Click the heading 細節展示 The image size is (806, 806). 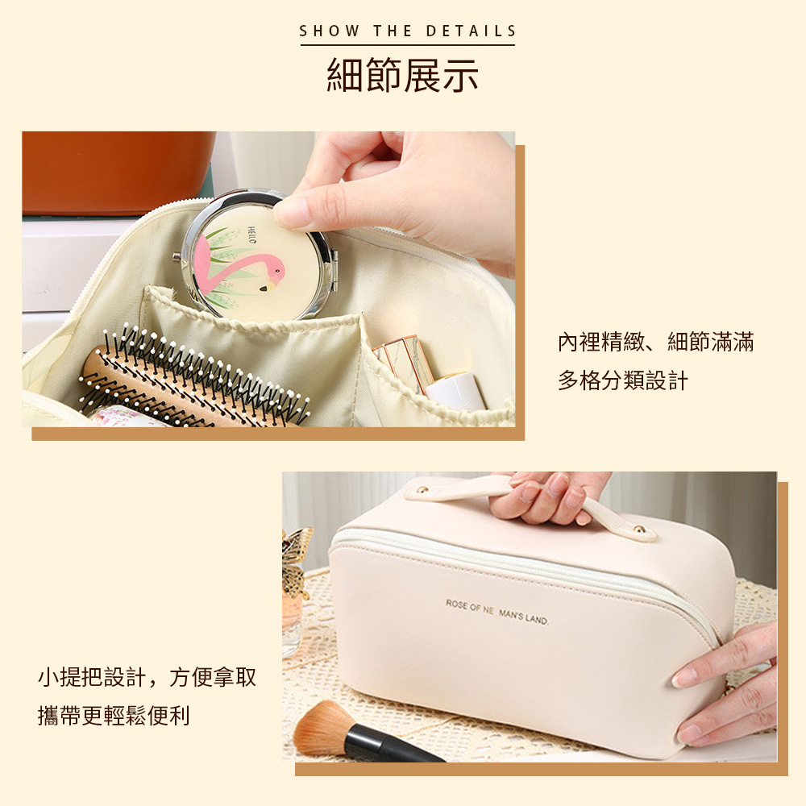[x=402, y=75]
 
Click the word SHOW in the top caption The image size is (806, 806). [x=330, y=31]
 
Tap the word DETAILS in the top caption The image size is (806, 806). [x=471, y=31]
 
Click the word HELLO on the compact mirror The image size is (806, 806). [x=251, y=235]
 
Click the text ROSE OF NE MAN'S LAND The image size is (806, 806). [x=497, y=612]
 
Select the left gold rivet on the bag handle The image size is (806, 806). [x=423, y=490]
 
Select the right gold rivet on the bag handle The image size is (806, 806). [x=640, y=529]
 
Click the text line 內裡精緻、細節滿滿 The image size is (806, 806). [x=656, y=342]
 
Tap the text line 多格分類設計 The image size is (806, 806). [x=622, y=381]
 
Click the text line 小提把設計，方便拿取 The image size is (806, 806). [x=147, y=677]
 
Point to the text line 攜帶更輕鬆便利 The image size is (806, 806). [x=114, y=716]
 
